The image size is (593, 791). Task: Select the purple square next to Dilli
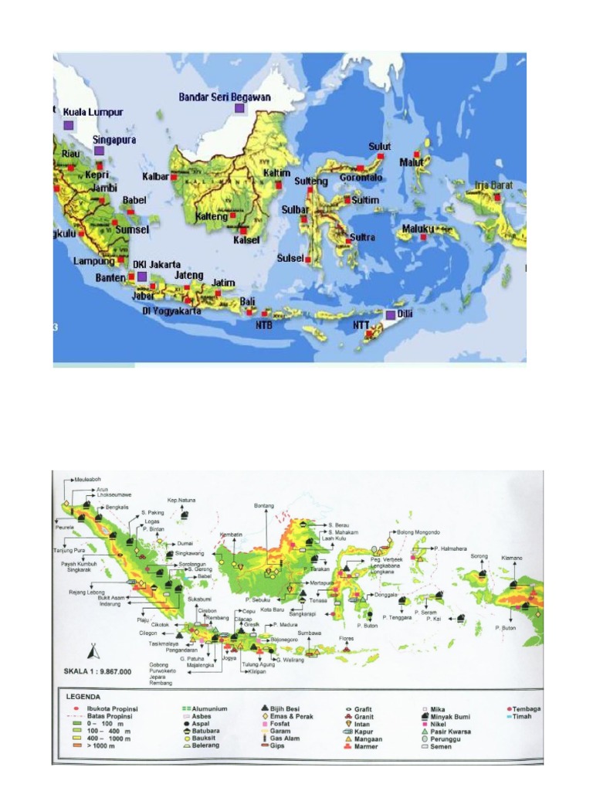(x=391, y=315)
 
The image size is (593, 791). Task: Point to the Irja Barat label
(x=493, y=185)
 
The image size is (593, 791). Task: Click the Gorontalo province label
(x=361, y=177)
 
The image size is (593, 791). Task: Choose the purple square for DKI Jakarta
(x=141, y=276)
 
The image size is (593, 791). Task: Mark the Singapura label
(x=114, y=140)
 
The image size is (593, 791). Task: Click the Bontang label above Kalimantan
(x=264, y=506)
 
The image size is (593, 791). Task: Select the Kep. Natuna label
(x=182, y=500)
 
